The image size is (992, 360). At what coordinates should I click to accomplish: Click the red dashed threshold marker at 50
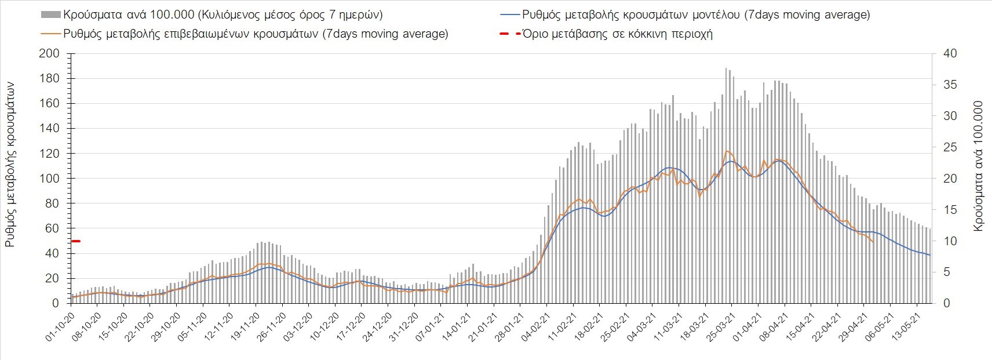coord(75,241)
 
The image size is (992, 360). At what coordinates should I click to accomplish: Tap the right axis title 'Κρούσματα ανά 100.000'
coord(979,166)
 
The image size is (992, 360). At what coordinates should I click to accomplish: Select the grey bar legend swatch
coord(50,14)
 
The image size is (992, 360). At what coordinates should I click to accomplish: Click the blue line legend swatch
coord(509,14)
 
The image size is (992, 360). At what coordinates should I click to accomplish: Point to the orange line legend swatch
coord(50,34)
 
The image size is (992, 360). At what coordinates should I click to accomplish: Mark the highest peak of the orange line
coord(726,151)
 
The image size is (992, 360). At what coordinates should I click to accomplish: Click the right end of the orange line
coord(873,242)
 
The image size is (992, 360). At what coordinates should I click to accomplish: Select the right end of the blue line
coord(930,255)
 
